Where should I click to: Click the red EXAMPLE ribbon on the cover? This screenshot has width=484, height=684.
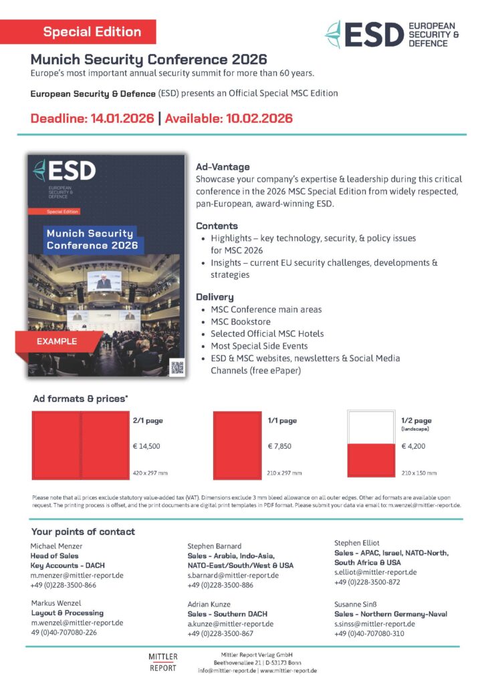coord(57,341)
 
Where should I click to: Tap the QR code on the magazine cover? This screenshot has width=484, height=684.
coord(176,366)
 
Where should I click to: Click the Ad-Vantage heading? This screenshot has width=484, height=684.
coord(223,167)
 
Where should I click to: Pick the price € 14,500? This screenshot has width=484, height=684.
coord(146,446)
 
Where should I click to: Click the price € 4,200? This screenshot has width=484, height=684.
coord(414,446)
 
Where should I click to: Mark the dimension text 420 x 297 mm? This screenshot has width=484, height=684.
coord(150,473)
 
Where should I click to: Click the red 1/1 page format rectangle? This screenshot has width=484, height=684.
coord(237,445)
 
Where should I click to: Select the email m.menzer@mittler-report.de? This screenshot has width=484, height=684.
coord(77,575)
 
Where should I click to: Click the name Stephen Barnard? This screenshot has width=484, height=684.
coord(215,546)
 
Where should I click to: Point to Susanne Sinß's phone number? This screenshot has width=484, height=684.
coord(369,633)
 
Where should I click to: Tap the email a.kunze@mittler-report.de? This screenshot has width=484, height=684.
coord(231,624)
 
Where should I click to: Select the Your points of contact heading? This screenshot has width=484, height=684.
coord(83,532)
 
